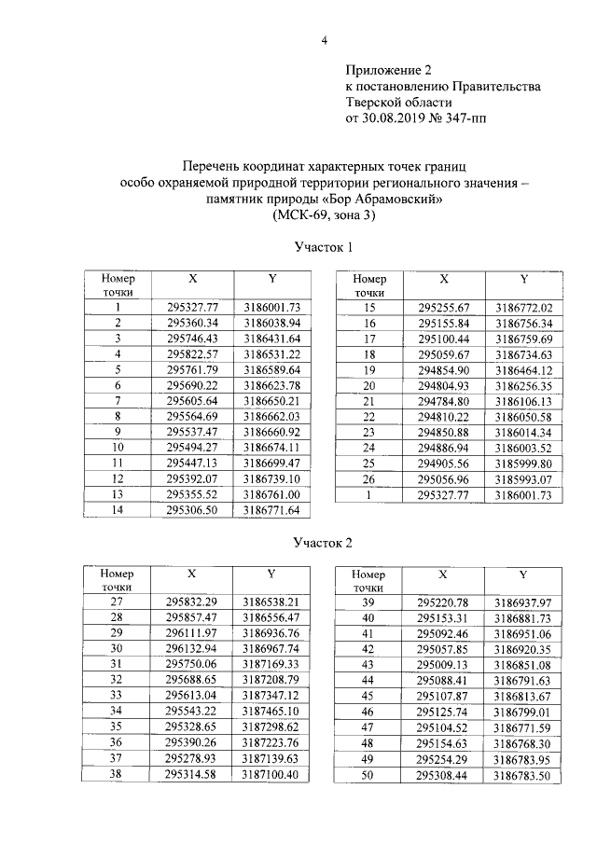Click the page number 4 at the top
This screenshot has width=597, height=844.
point(324,39)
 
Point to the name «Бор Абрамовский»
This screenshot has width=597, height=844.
point(388,199)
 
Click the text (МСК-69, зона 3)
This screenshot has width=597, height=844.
point(329,215)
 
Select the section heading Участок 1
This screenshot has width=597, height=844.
point(324,248)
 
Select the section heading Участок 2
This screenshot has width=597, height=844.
point(324,541)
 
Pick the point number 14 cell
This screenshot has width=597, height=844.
point(118,510)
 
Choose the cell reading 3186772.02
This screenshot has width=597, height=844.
point(523,307)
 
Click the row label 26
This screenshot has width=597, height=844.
point(369,478)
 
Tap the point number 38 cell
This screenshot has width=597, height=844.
point(118,775)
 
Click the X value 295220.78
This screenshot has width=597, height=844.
point(444,603)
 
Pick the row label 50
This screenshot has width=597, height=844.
point(369,775)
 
